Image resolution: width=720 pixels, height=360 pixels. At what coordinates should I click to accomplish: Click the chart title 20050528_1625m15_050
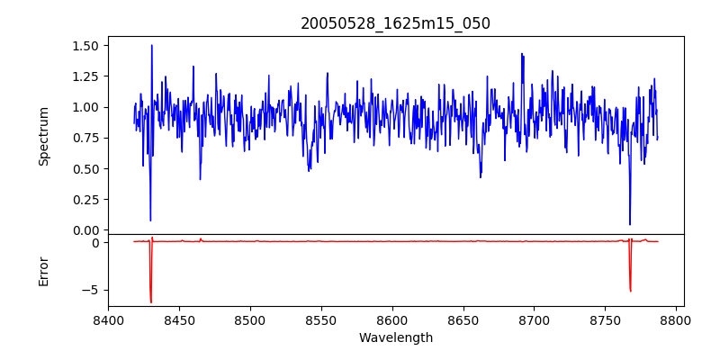point(395,23)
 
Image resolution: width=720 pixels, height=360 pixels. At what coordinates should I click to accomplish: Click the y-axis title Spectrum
point(43,136)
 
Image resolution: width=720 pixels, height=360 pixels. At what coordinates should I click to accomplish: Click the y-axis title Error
point(43,270)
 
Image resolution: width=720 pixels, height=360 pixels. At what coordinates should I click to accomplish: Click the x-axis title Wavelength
point(395,338)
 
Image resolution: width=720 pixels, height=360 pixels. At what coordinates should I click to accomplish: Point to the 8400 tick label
point(108,320)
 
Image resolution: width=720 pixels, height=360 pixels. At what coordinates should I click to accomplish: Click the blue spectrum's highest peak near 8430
point(151,45)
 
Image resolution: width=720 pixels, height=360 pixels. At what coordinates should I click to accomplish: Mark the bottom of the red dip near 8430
point(151,302)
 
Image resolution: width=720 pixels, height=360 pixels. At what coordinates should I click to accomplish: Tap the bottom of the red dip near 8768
point(630,291)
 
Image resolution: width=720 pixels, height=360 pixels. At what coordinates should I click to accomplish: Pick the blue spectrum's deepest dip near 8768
point(630,224)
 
